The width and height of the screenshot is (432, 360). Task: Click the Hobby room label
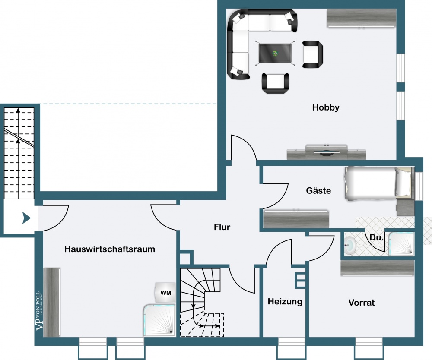pos(325,107)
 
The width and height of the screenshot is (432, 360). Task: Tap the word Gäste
pos(318,190)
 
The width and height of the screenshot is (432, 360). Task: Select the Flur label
pos(222,227)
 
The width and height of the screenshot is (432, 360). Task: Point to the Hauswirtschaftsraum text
pos(110,249)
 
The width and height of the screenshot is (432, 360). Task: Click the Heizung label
pos(285,302)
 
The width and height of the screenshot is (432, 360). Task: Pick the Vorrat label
pos(362,303)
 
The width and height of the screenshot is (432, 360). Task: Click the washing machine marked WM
pos(165,293)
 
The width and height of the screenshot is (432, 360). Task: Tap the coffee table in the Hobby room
pos(275,53)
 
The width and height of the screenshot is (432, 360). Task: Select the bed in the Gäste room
pos(379,183)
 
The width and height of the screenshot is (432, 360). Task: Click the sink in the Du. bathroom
pos(350,244)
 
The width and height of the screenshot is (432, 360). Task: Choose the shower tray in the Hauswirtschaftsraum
pos(159,320)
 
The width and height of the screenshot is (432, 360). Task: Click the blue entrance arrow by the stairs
pos(26,218)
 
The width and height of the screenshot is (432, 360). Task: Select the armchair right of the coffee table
pos(313,54)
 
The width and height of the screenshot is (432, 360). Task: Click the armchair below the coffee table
pos(276,83)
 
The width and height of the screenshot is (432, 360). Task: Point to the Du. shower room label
pos(376,237)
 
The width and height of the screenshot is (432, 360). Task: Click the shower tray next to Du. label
pos(401,243)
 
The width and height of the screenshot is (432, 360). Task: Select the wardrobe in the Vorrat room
pos(378,268)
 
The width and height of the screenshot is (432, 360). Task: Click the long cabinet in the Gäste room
pos(296,219)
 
